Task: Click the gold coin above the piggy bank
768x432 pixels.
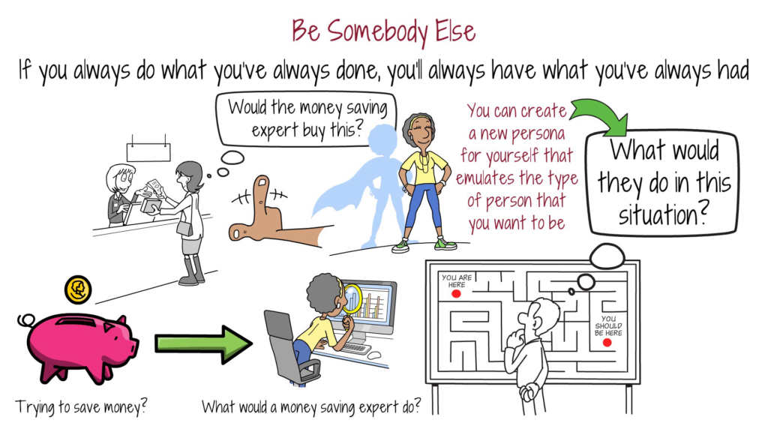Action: tap(78, 288)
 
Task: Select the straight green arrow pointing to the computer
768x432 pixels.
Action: tap(203, 343)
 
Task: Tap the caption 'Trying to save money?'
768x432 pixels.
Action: tap(82, 407)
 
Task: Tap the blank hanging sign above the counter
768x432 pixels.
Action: tap(148, 152)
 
